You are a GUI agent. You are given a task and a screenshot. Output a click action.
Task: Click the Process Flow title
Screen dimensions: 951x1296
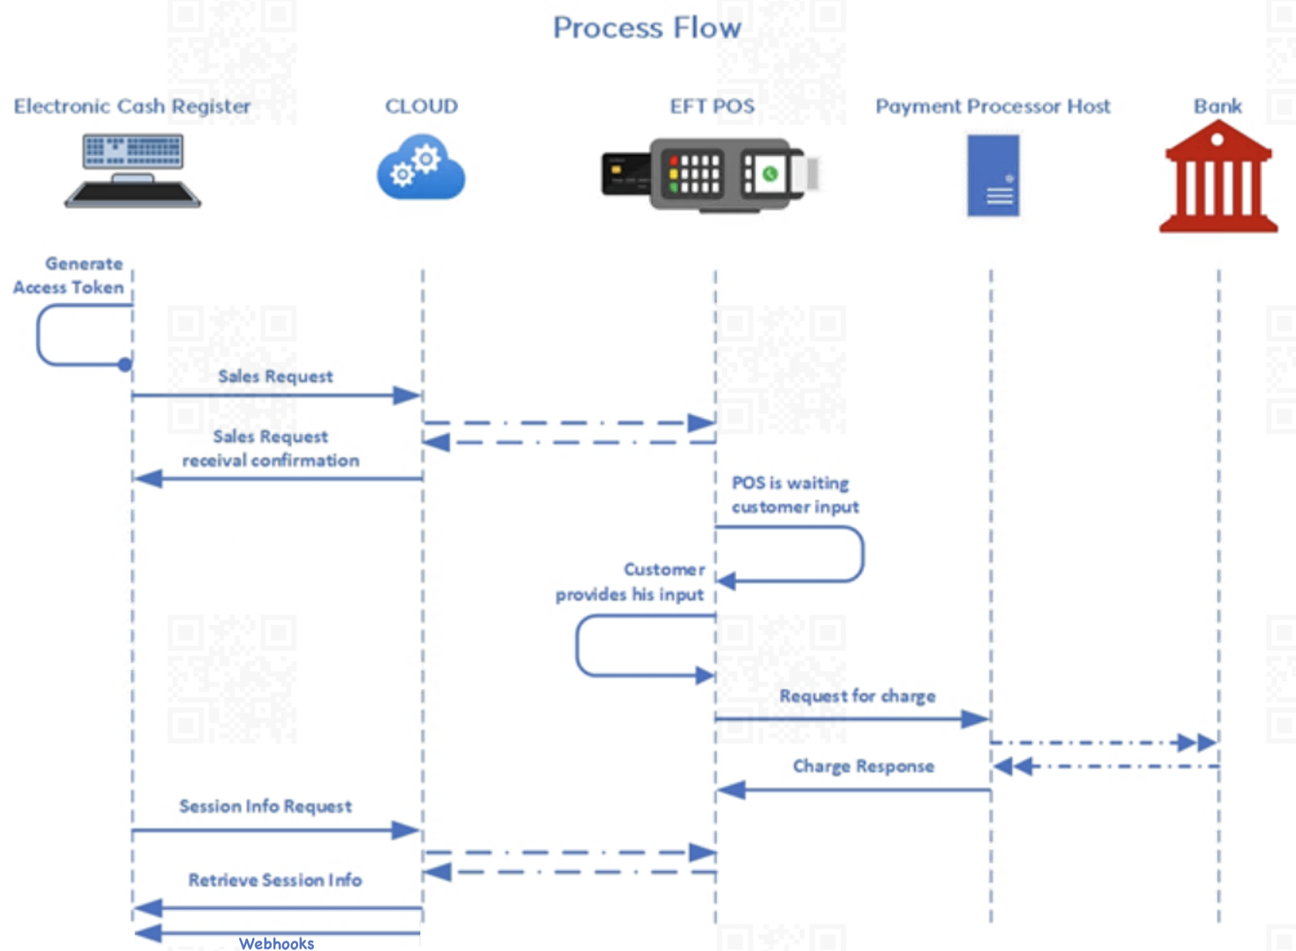point(647,28)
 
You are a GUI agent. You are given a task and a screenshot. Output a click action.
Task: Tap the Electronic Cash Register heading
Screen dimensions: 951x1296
point(132,106)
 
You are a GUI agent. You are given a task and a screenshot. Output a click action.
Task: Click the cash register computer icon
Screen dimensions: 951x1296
point(133,170)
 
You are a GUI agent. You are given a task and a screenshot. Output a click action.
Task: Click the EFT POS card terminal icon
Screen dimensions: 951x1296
point(709,174)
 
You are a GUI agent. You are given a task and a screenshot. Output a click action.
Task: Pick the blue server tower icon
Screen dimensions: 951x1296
point(993,175)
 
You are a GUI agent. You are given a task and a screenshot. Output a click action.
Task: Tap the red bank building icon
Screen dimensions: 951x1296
point(1218,177)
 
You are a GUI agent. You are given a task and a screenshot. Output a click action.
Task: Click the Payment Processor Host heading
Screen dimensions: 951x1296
point(992,106)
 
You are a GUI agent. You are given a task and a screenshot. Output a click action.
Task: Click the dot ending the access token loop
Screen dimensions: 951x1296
point(125,365)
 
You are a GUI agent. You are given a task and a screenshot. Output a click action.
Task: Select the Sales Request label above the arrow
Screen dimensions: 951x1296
point(275,376)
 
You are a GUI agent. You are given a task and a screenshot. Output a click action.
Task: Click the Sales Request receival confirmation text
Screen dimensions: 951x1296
point(271,448)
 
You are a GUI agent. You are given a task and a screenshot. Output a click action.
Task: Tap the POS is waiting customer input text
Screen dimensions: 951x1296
point(794,495)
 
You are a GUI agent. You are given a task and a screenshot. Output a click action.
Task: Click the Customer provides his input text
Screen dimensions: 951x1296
point(631,582)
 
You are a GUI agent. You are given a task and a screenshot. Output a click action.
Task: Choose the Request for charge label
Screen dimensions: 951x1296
point(857,696)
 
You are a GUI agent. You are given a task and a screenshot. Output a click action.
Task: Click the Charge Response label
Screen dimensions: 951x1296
point(863,766)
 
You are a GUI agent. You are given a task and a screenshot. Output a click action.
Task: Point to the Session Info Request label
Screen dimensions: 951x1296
point(265,806)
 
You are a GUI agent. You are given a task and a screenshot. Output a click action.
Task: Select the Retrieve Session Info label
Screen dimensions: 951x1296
point(275,880)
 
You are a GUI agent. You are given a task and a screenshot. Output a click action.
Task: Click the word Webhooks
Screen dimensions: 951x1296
point(276,943)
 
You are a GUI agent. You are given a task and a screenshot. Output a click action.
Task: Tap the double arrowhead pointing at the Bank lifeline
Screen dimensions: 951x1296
point(1197,742)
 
